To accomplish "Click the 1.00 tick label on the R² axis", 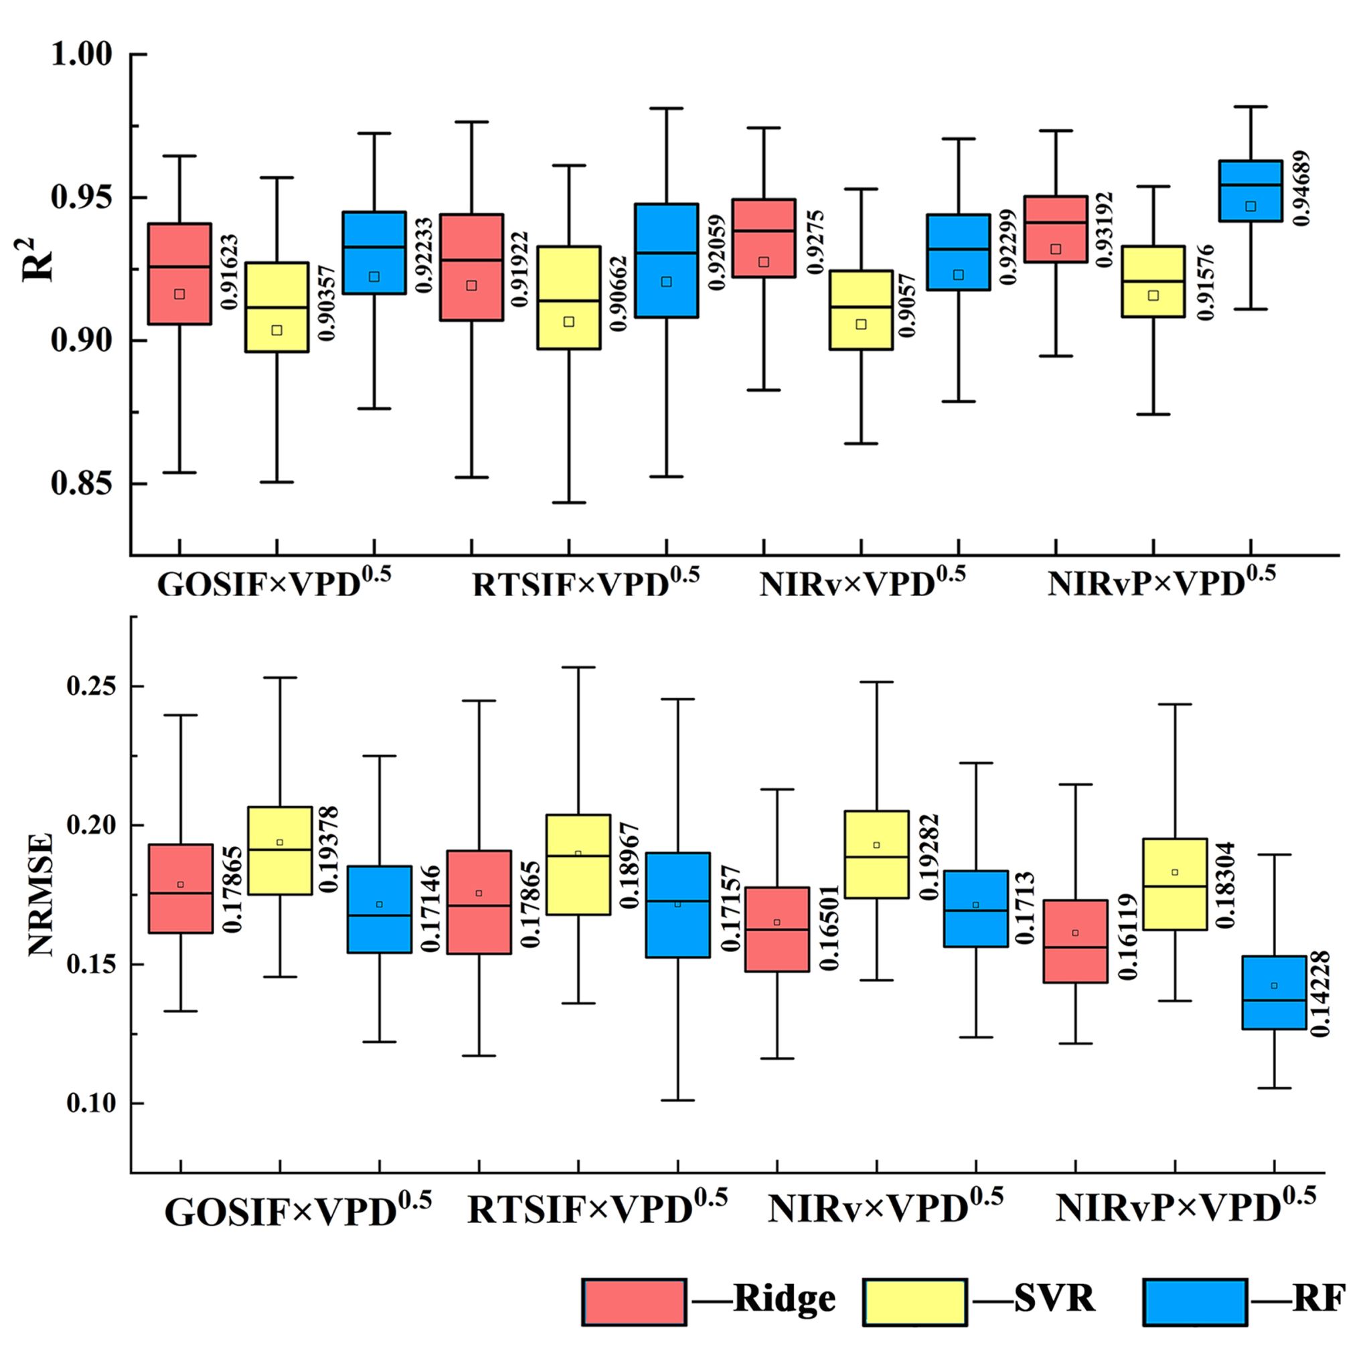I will pyautogui.click(x=82, y=55).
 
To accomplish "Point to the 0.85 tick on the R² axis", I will pyautogui.click(x=82, y=483).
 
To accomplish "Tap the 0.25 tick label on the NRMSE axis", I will pyautogui.click(x=92, y=686).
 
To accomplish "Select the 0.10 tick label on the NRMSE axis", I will pyautogui.click(x=92, y=1103).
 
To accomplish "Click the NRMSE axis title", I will pyautogui.click(x=40, y=895).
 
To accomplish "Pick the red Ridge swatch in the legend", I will pyautogui.click(x=634, y=1301).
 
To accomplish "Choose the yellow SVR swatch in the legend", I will pyautogui.click(x=914, y=1301).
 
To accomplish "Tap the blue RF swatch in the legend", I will pyautogui.click(x=1195, y=1301).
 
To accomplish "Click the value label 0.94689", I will pyautogui.click(x=1301, y=189).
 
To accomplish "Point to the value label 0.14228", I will pyautogui.click(x=1319, y=993).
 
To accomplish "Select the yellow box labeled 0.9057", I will pyautogui.click(x=861, y=309).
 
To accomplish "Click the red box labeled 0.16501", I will pyautogui.click(x=777, y=929).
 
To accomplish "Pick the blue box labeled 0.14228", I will pyautogui.click(x=1275, y=991).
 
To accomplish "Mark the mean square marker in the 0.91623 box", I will pyautogui.click(x=179, y=294).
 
